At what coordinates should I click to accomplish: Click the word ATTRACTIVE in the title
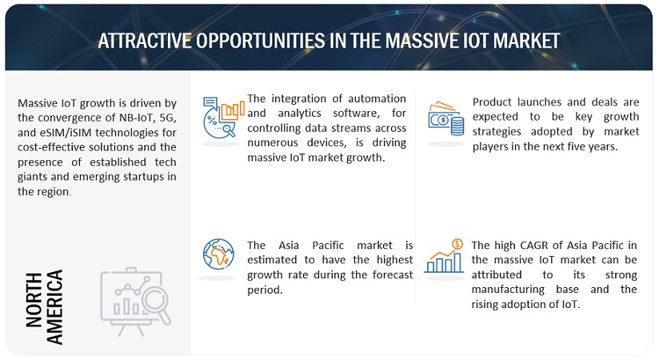pos(145,42)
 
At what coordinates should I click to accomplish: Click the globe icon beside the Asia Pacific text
pos(218,254)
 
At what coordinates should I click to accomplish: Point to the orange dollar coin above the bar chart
pos(457,244)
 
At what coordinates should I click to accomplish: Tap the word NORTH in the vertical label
pos(34,299)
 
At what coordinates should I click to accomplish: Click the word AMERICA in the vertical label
pos(54,307)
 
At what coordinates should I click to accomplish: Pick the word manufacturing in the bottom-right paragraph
pos(508,290)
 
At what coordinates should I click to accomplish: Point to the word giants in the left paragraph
pos(32,177)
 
